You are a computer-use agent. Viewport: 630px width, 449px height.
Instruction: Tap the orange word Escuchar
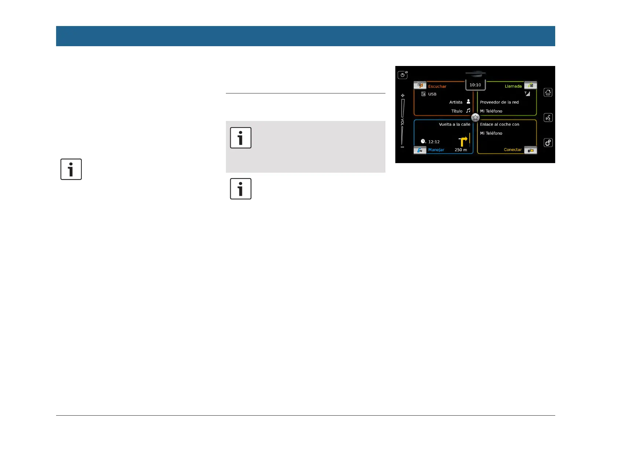click(x=437, y=87)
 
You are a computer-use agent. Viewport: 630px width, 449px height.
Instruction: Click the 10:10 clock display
click(x=475, y=85)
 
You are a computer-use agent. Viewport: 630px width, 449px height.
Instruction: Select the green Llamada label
click(x=513, y=87)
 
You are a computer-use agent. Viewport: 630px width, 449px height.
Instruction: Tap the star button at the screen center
click(x=475, y=118)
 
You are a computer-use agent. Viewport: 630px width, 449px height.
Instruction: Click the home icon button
click(x=548, y=92)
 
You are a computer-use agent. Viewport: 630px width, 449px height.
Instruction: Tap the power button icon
click(x=403, y=75)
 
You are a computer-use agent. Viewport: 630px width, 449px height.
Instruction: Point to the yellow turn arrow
click(x=463, y=141)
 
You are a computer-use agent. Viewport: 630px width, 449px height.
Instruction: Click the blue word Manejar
click(x=436, y=150)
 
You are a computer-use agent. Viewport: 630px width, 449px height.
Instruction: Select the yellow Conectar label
click(x=512, y=150)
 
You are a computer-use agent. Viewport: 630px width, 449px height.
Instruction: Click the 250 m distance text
click(x=461, y=150)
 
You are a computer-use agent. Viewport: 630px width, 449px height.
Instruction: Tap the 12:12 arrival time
click(x=434, y=142)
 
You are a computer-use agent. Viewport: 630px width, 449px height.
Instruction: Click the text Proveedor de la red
click(x=499, y=102)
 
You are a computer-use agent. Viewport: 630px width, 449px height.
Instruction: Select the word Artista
click(x=456, y=102)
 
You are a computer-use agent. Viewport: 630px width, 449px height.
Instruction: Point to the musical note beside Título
click(x=468, y=111)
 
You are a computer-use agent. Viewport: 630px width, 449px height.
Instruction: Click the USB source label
click(x=432, y=94)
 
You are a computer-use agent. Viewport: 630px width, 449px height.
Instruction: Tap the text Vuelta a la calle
click(x=454, y=125)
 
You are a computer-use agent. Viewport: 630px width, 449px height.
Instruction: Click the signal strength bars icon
click(x=527, y=94)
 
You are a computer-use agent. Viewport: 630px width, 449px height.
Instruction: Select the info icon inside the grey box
click(x=241, y=138)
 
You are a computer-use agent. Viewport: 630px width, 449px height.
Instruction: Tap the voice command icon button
click(x=548, y=118)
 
